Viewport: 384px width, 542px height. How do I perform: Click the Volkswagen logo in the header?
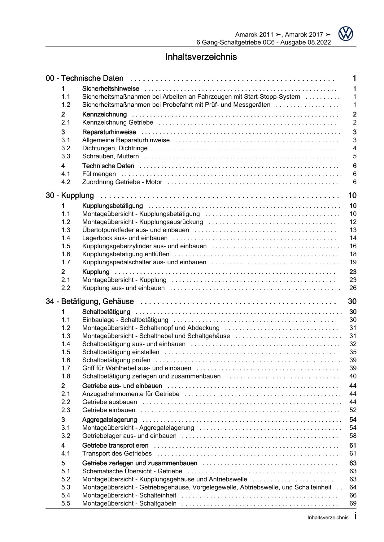coord(346,34)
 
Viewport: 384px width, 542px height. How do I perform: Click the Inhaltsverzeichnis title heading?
coord(201,57)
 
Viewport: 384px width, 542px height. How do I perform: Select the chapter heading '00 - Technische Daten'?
coord(85,78)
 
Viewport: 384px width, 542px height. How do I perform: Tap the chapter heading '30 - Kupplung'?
coord(70,195)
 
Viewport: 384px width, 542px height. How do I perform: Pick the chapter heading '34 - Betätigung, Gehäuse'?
coord(90,301)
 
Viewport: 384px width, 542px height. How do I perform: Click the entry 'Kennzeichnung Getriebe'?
coord(118,122)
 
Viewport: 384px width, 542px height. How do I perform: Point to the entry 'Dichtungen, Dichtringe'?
coord(115,148)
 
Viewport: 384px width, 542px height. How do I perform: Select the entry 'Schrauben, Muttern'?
coord(111,156)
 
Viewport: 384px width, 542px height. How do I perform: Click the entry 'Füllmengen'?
coord(99,174)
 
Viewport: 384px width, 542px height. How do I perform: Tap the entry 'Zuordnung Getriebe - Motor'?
coord(122,182)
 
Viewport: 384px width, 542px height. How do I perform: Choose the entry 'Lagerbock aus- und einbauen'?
coord(125,238)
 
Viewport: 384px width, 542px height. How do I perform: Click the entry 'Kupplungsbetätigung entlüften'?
coord(126,254)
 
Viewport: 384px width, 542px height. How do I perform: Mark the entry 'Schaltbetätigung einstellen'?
coord(121,352)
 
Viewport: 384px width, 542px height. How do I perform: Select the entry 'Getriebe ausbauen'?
coord(110,402)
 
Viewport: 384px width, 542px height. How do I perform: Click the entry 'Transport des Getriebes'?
coord(117,454)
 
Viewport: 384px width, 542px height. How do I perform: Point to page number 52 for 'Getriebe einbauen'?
coord(353,410)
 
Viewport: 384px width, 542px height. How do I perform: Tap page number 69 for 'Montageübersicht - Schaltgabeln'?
coord(353,503)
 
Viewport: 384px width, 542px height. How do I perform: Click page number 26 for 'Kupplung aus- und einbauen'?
coord(353,288)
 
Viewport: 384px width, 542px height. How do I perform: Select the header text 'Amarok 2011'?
coord(254,35)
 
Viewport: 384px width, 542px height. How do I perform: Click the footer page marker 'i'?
coord(355,516)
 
